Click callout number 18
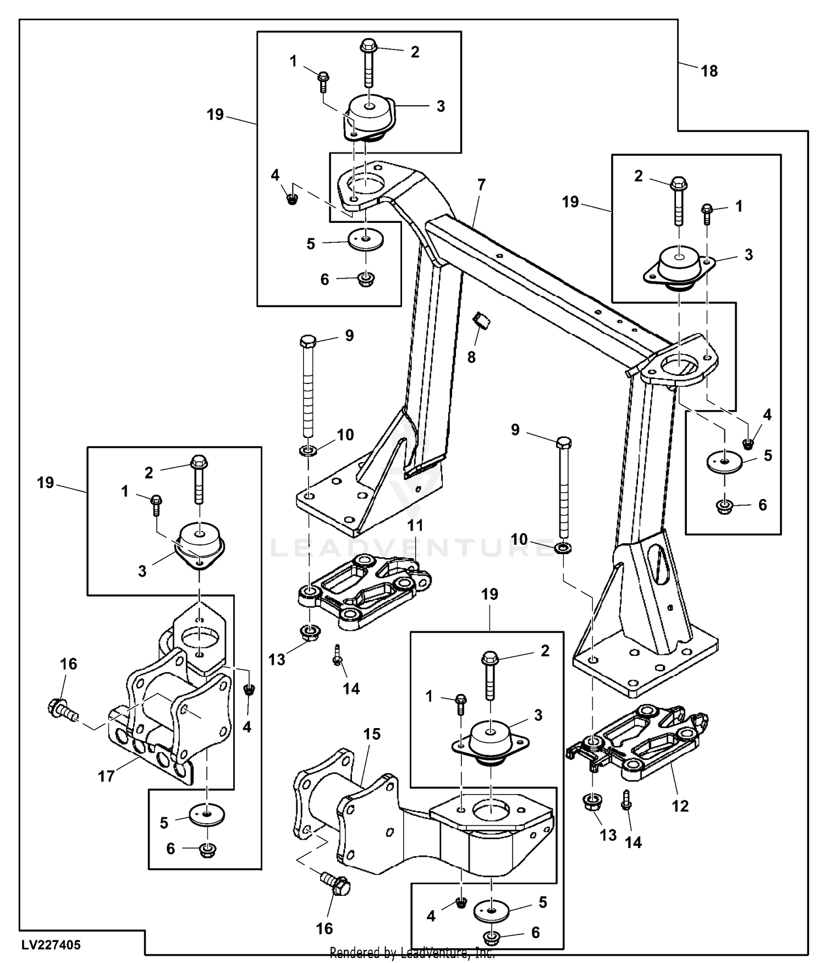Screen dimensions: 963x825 709,71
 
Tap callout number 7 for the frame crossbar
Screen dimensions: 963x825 481,185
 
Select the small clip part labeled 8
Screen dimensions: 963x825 482,320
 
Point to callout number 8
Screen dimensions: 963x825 471,357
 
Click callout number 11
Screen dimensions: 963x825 415,526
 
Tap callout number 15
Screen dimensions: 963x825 372,734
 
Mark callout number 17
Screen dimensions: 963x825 106,776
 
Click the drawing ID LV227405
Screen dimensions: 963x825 51,945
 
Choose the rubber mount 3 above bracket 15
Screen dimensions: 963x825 491,741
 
